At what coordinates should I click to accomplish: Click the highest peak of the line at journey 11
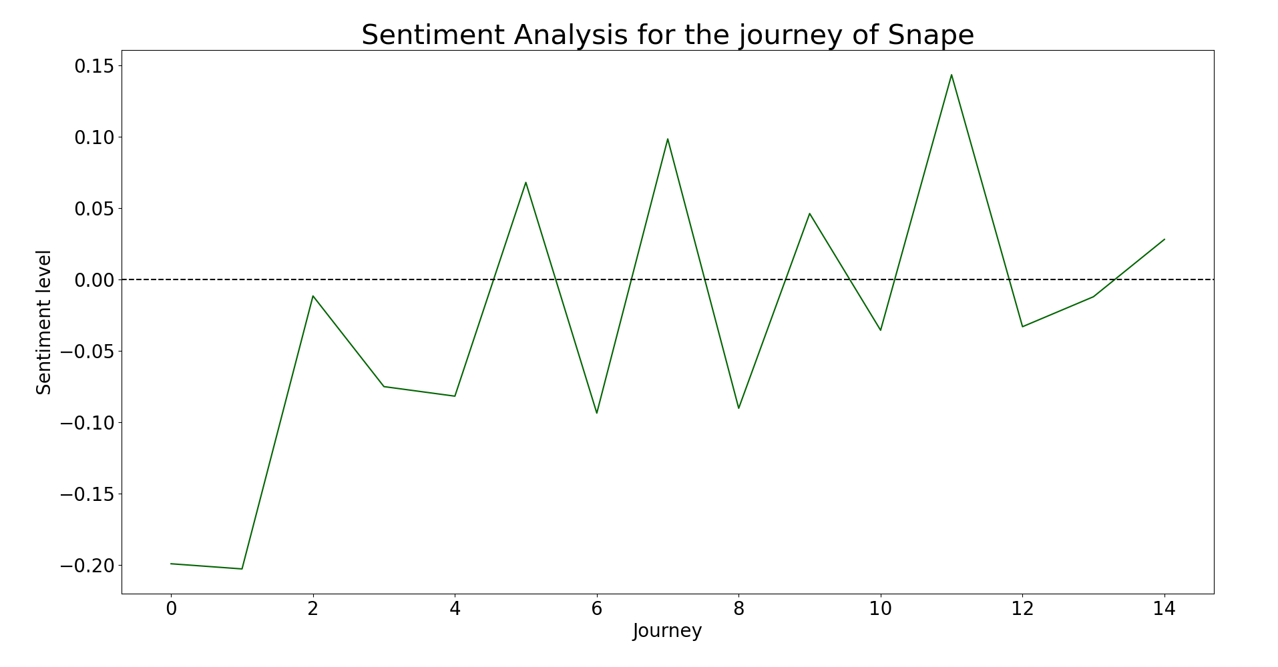click(951, 75)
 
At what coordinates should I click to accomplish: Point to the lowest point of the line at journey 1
click(242, 569)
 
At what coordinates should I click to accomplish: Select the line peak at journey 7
click(668, 139)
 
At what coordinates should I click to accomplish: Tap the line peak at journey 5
click(525, 182)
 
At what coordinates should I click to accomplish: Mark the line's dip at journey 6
click(597, 413)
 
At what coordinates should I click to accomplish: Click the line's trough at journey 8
click(738, 408)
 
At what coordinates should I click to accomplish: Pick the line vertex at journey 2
click(312, 296)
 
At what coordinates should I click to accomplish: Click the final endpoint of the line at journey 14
click(1164, 239)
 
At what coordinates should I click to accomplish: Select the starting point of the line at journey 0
click(171, 564)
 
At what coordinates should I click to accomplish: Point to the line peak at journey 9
click(809, 213)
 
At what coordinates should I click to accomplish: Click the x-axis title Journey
click(668, 631)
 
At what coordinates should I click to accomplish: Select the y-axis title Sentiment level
click(44, 322)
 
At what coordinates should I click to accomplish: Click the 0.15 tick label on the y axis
click(93, 66)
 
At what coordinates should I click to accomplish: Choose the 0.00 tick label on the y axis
click(93, 280)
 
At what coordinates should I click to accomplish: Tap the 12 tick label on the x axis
click(1022, 608)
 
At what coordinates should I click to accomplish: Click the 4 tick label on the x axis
click(455, 608)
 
